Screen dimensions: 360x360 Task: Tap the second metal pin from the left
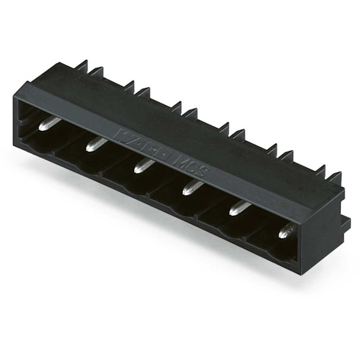[96, 144]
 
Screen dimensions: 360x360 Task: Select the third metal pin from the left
[144, 166]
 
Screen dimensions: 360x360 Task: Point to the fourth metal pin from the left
[193, 188]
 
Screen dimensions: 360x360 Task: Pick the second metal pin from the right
[240, 208]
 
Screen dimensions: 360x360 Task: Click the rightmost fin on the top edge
[335, 179]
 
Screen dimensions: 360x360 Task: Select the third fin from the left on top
[129, 86]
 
